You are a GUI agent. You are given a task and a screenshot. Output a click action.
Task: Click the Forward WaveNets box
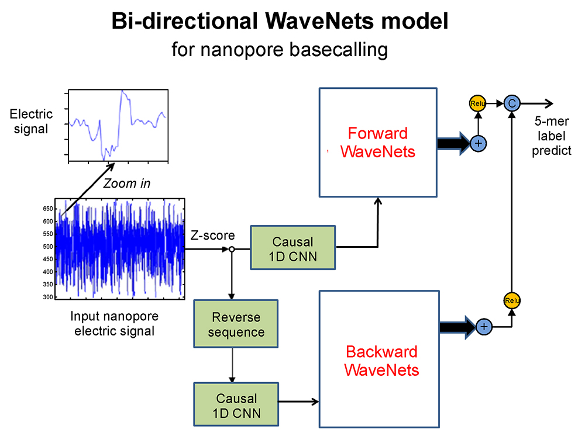point(378,142)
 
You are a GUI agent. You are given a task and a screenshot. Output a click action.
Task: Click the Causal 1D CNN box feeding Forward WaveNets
point(293,248)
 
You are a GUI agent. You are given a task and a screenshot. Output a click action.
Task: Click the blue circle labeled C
point(512,103)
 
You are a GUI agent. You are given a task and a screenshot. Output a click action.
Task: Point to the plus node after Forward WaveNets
point(479,142)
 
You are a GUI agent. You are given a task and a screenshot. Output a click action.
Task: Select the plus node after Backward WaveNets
point(483,327)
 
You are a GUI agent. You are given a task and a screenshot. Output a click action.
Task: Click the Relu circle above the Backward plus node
point(512,300)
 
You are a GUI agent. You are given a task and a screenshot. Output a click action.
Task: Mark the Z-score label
point(213,236)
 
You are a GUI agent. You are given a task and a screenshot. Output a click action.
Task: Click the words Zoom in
point(126,184)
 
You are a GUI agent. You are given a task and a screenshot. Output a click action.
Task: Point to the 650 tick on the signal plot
point(47,209)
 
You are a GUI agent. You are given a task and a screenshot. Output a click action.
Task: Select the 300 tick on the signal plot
point(47,297)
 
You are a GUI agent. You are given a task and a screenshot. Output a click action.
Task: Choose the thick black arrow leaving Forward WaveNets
point(453,142)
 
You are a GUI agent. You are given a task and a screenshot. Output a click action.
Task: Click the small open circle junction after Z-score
point(232,249)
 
